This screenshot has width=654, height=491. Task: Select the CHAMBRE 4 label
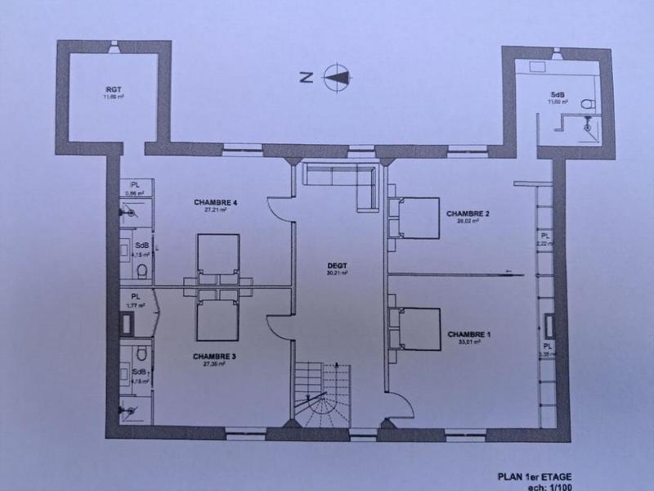216,202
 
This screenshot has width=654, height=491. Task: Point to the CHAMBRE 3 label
215,357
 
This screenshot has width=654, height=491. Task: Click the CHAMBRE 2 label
468,214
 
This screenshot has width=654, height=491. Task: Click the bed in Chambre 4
218,258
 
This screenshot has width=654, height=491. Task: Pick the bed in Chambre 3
218,314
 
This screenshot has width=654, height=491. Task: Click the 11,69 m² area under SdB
558,101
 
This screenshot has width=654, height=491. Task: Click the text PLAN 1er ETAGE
535,475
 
